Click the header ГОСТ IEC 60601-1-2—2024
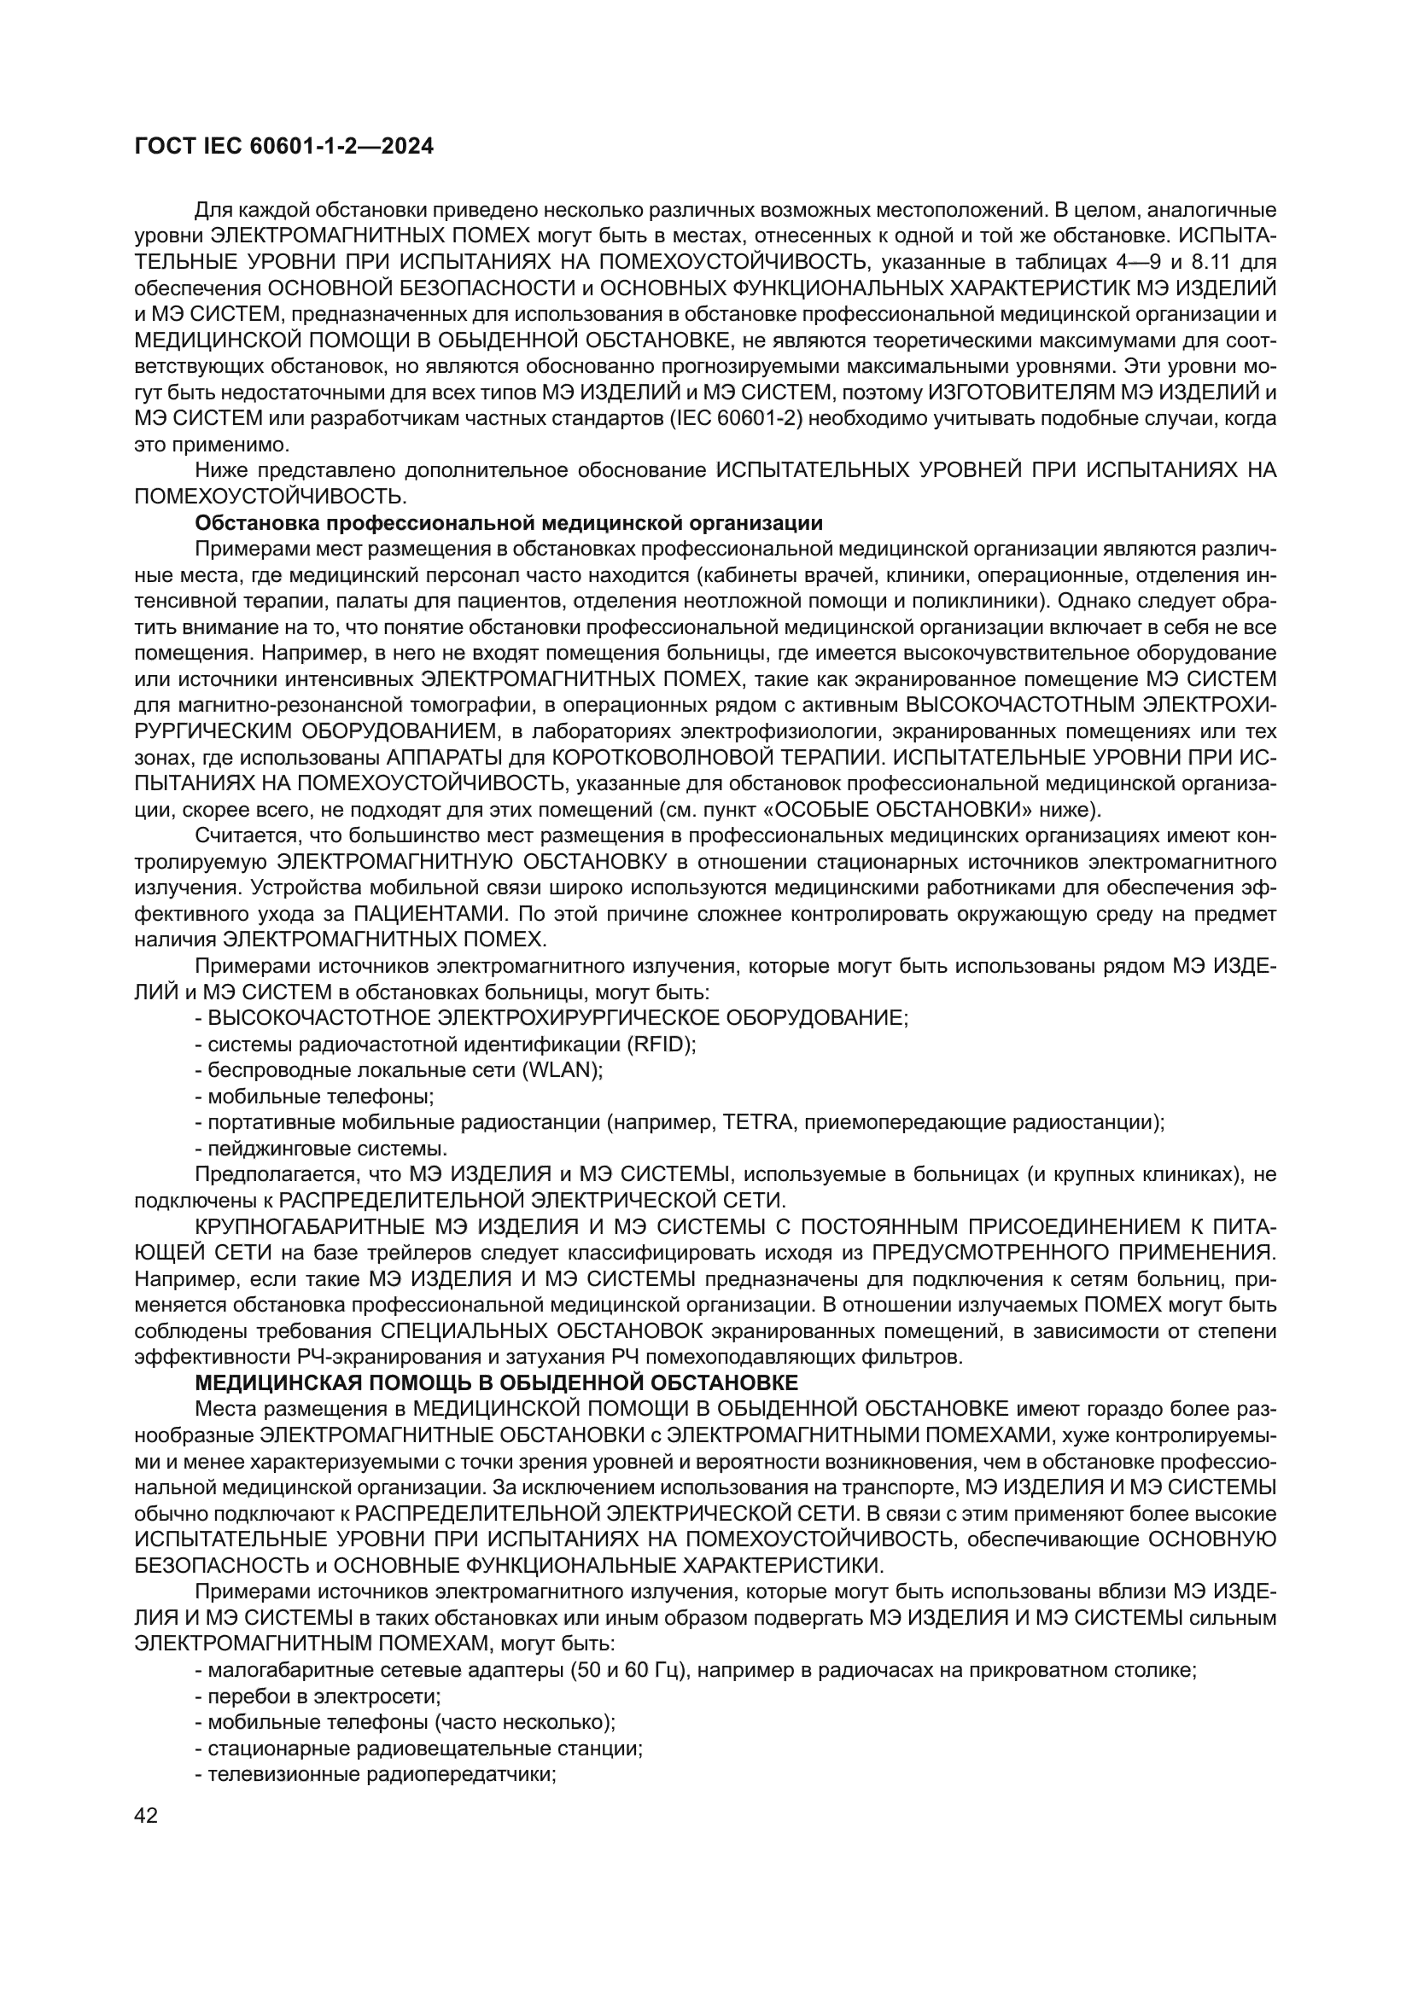[x=284, y=147]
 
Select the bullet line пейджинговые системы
[x=322, y=1149]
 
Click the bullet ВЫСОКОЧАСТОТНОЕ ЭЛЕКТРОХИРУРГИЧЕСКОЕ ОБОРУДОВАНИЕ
[x=552, y=1018]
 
